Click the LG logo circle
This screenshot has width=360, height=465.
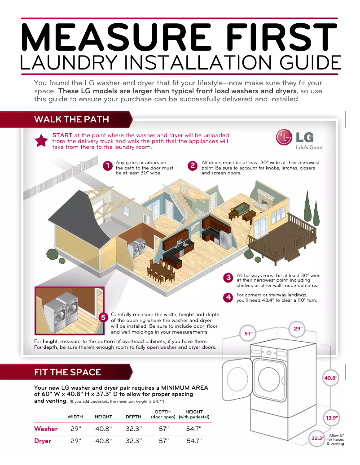coord(284,138)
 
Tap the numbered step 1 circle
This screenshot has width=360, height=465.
coord(107,166)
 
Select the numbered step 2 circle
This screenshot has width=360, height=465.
coord(192,166)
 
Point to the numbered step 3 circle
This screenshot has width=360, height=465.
coord(228,278)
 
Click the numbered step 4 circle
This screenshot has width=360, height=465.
coord(228,297)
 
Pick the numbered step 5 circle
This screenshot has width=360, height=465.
coord(103,317)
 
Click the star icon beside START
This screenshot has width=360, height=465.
coord(41,141)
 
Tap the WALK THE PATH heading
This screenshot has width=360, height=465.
coord(71,119)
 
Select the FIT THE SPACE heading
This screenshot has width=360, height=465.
coord(68,372)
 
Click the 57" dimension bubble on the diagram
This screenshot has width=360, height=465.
coord(249,334)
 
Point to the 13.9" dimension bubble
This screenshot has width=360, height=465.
coord(332,418)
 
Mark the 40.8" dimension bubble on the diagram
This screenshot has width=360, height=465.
coord(331,378)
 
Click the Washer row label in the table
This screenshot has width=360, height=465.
coord(46,429)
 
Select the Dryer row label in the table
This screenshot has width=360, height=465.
coord(43,441)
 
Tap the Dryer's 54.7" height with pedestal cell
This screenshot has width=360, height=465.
coord(194,441)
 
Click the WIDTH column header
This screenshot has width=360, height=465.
coord(75,417)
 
